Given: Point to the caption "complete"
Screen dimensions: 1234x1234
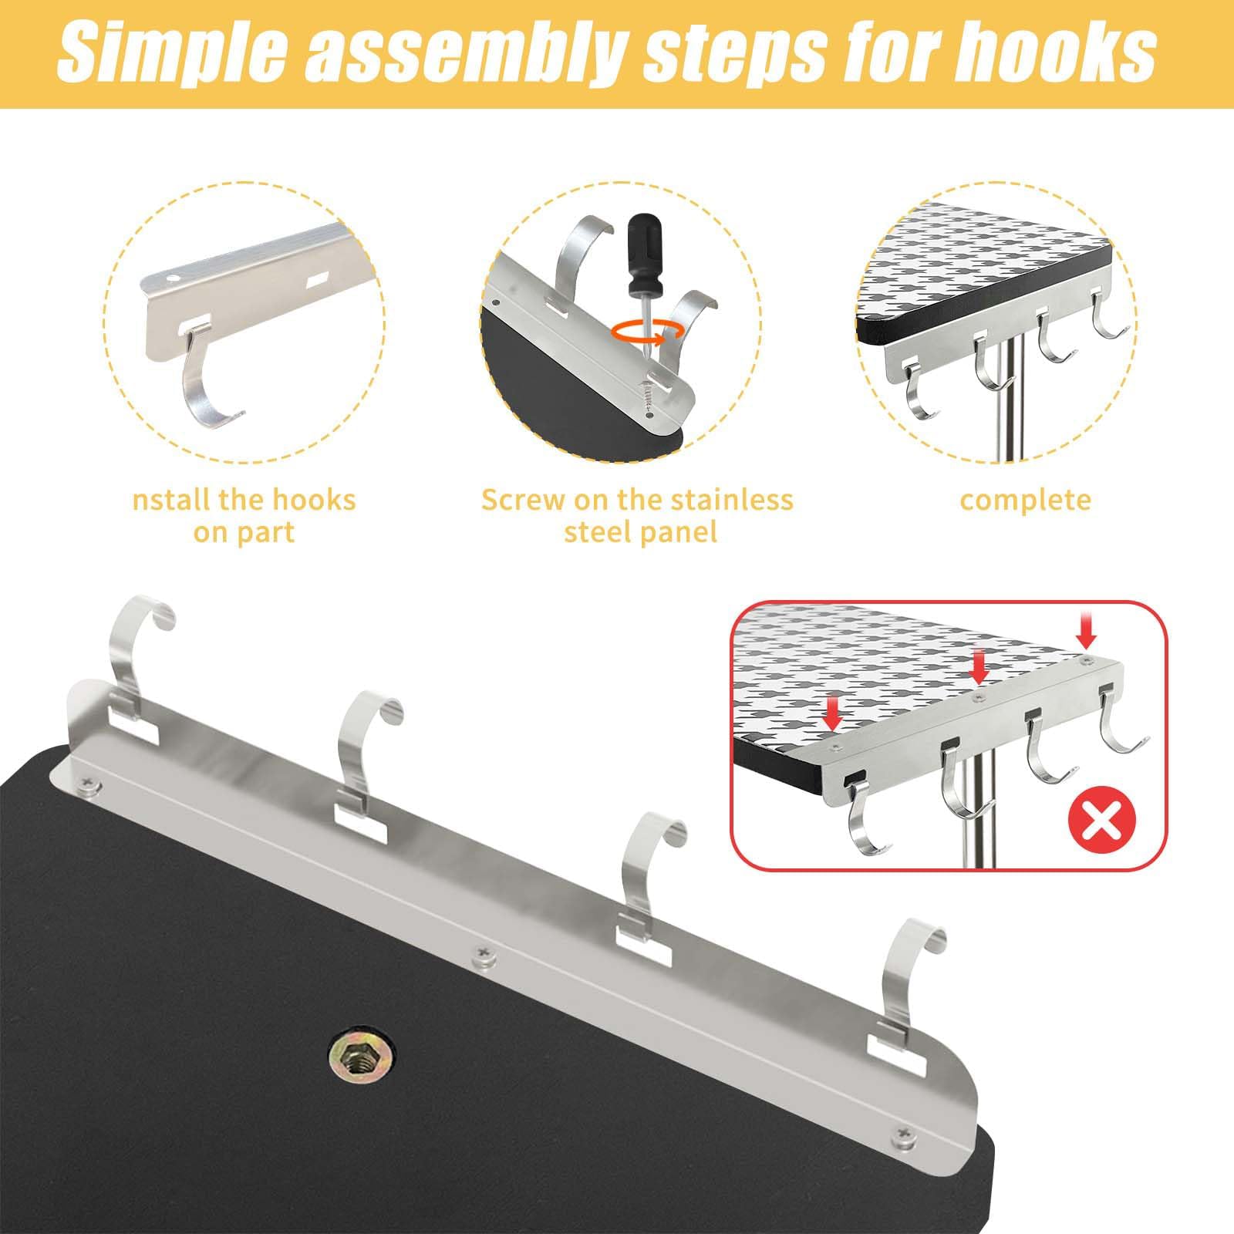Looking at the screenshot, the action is pos(1025,501).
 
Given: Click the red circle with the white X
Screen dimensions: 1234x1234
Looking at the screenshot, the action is pos(1103,824).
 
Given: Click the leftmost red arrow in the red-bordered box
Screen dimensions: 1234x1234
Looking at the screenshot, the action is pos(832,714).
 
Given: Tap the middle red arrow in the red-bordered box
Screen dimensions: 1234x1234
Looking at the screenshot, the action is pos(978,667).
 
